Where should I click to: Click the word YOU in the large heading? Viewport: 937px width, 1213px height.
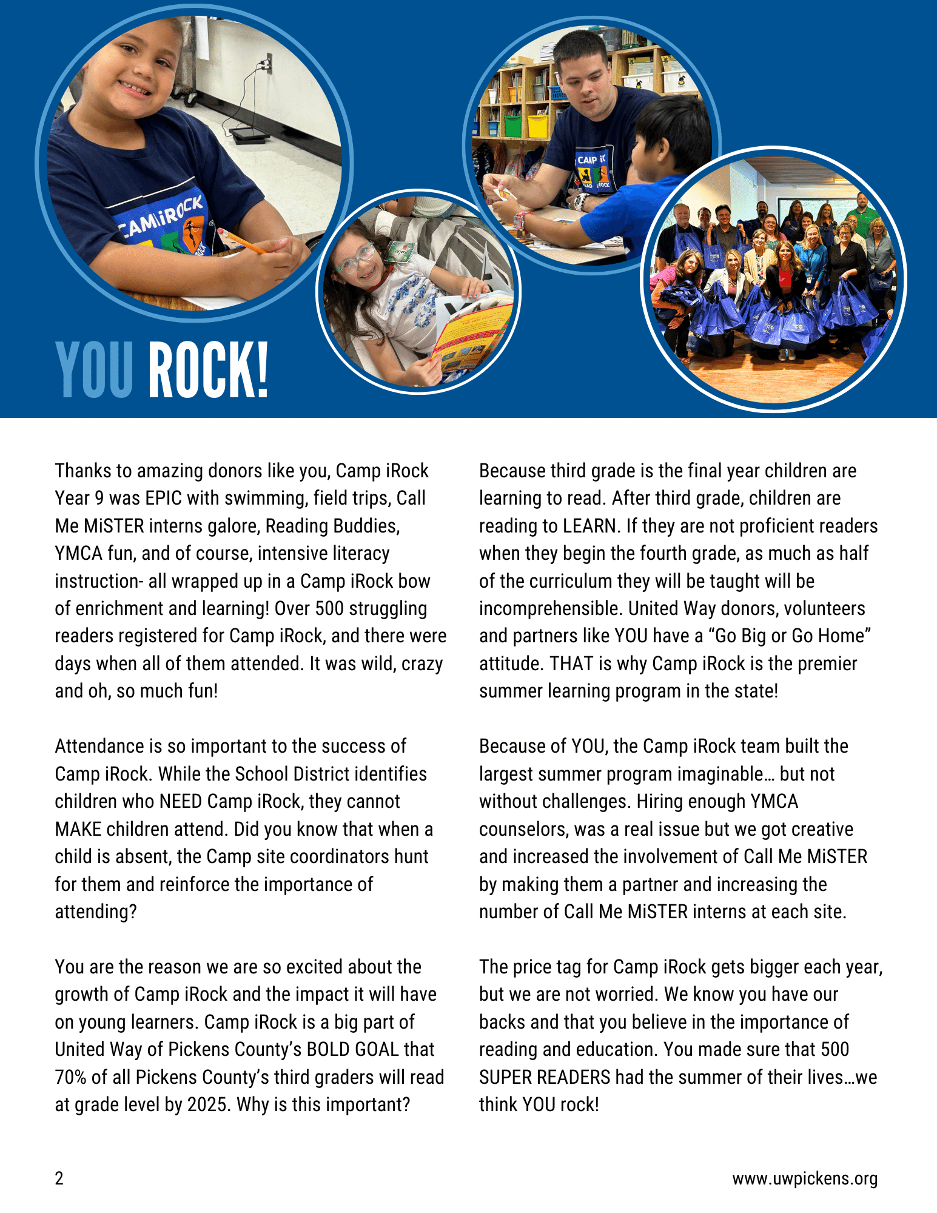94,369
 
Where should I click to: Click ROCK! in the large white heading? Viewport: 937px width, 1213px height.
208,369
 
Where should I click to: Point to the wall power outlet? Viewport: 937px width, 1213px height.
266,62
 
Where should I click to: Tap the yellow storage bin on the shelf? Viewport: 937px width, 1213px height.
537,126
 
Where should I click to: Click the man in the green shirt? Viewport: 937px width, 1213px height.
862,212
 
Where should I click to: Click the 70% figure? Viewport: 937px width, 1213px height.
70,1077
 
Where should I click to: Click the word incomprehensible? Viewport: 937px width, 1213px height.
551,608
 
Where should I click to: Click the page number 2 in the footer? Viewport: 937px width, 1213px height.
59,1178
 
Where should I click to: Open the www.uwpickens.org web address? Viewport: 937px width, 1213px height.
804,1178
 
